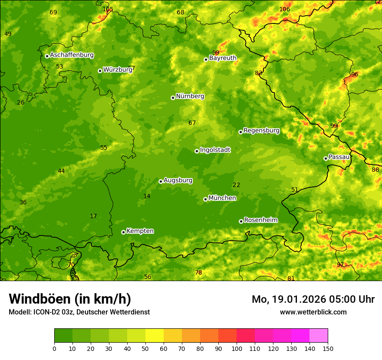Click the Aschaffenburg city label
point(72,55)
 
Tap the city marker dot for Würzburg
point(100,71)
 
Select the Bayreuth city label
point(223,58)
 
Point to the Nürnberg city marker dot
point(173,98)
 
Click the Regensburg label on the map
point(261,130)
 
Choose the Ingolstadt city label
point(215,150)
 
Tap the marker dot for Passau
point(326,158)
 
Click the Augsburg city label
point(178,180)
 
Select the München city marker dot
point(205,199)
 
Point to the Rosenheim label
point(260,220)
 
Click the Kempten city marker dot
point(123,232)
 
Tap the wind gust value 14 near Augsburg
point(147,196)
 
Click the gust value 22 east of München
point(236,185)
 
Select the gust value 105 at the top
point(108,9)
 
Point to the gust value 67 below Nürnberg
point(192,123)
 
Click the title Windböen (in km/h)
point(70,299)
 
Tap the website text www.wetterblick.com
point(313,312)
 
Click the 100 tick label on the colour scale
point(237,348)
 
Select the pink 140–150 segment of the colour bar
point(319,336)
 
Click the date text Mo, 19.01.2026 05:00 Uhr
point(313,299)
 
